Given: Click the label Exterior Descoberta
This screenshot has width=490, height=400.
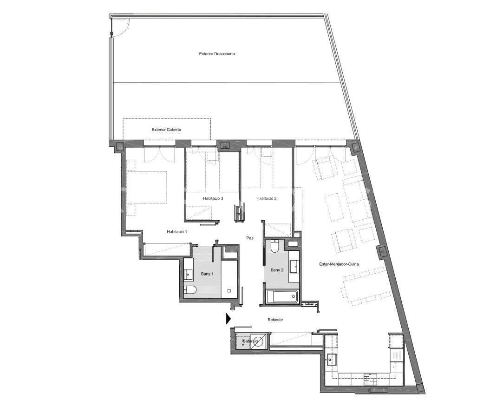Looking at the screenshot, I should coord(217,54).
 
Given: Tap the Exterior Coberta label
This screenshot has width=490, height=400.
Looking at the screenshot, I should coord(166,130).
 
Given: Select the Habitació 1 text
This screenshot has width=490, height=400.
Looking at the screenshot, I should coord(176,231).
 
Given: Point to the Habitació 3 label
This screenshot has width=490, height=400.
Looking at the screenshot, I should coord(213,198).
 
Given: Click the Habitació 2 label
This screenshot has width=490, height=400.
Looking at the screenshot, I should coord(267,198).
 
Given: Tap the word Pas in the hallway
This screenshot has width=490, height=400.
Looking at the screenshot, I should coord(250,238).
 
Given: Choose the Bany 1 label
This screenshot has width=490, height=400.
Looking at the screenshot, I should coord(207,274).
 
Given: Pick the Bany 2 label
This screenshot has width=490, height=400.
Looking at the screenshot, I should coord(277,270).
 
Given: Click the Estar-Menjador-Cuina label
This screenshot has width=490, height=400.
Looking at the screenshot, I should coord(339,264).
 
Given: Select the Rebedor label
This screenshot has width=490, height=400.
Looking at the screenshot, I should coord(275,320).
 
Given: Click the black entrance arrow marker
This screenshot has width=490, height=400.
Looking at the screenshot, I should coord(229,319).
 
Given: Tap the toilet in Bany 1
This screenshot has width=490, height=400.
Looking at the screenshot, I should coord(190,291).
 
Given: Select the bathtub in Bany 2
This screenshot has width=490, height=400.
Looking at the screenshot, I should coord(281,296).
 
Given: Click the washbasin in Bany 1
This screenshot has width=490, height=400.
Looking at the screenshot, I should coord(188,274).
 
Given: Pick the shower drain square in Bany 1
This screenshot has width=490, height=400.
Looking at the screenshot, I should coord(229,291).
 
